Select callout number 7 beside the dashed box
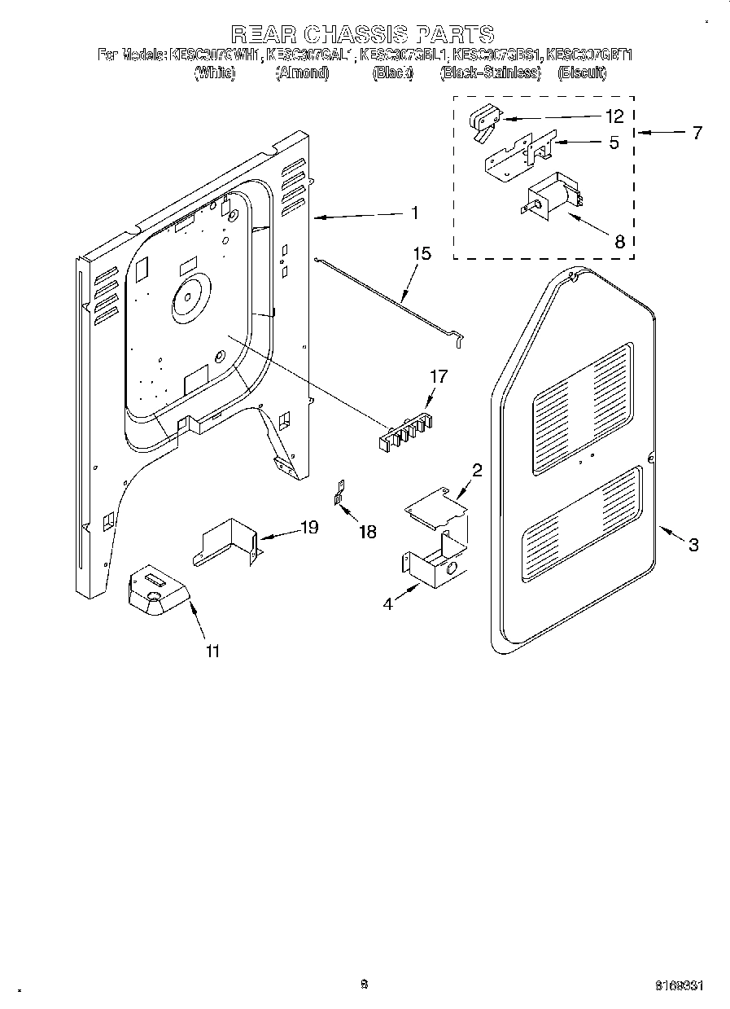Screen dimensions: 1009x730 (x=697, y=133)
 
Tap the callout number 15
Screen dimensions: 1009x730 (x=422, y=254)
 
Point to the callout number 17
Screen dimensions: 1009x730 (x=439, y=377)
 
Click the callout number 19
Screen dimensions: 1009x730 (x=309, y=528)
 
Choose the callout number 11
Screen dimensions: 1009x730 (x=213, y=651)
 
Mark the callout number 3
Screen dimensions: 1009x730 (x=693, y=546)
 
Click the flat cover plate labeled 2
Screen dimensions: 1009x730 (x=436, y=506)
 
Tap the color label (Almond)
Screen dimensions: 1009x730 (x=302, y=73)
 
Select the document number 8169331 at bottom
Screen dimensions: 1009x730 (x=679, y=985)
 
